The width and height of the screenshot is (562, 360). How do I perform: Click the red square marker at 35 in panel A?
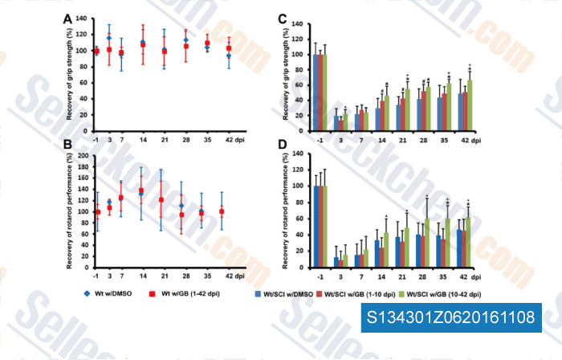[x=207, y=43]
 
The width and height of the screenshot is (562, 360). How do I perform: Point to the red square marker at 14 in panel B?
[x=142, y=191]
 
